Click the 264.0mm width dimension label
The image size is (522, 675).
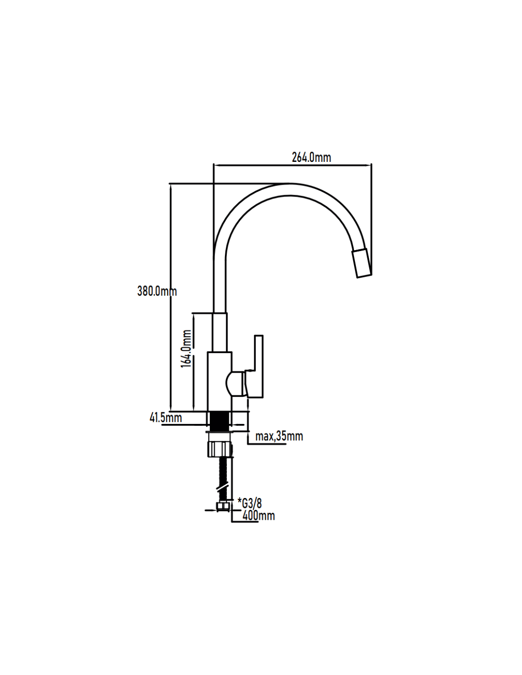[x=311, y=158]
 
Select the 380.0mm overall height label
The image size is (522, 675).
[x=157, y=291]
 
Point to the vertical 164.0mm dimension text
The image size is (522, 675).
[x=186, y=348]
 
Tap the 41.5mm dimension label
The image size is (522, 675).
[x=166, y=418]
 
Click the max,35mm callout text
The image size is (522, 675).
[x=279, y=436]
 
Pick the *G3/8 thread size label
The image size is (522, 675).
[x=250, y=503]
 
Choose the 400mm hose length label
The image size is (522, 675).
[x=258, y=516]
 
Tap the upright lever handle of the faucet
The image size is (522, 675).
[x=258, y=366]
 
